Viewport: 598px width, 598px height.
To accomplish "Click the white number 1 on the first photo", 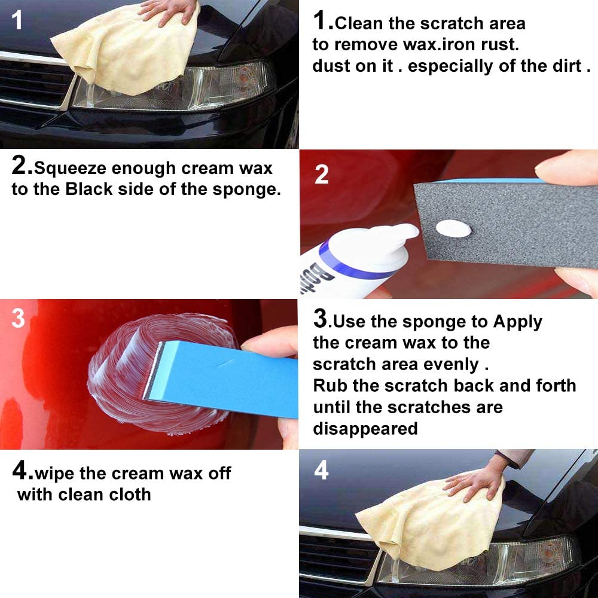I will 17,20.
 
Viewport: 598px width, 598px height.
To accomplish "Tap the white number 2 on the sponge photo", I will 322,174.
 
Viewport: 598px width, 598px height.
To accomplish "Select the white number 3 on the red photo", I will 18,318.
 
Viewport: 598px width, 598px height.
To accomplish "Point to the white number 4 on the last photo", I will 321,470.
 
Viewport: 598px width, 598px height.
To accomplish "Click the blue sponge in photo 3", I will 227,377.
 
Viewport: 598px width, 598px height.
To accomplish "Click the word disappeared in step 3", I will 365,429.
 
